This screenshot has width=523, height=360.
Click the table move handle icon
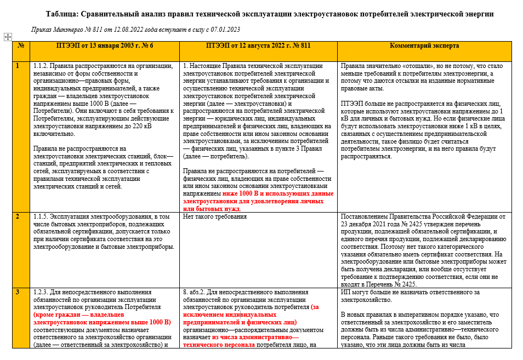[8, 37]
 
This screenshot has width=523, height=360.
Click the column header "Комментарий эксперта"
[424, 45]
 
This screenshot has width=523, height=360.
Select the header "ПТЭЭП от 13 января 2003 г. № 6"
[104, 45]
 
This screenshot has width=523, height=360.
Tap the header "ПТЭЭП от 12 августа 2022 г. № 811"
[258, 45]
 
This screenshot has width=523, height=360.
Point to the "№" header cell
[21, 45]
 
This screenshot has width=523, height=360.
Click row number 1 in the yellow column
[18, 66]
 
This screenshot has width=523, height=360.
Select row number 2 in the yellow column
[18, 216]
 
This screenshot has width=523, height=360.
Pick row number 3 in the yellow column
[18, 292]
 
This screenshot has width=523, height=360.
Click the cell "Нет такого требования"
[215, 216]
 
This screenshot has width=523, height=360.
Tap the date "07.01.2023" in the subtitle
[224, 30]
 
